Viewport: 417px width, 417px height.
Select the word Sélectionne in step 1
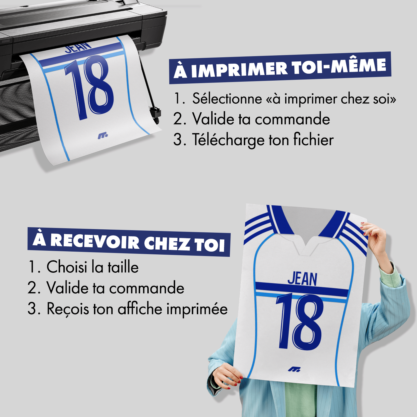(227, 99)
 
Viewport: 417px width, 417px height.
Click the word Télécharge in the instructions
(228, 140)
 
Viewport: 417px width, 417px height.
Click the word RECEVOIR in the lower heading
(95, 241)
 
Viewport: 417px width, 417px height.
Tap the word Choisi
(67, 267)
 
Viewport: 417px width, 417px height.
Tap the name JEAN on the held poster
(302, 279)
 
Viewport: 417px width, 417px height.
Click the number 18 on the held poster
(300, 322)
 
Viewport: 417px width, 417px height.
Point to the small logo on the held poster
(294, 369)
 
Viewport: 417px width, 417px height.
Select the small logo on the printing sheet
(103, 136)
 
